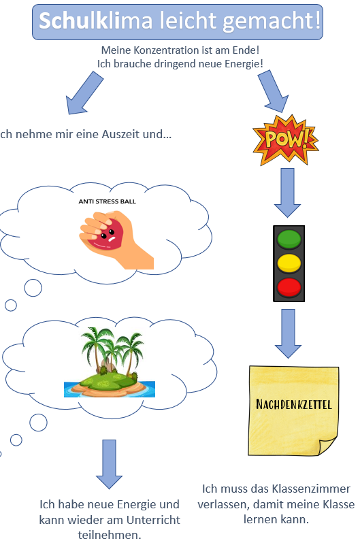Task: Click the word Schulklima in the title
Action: [x=96, y=20]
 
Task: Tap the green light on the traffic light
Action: [x=289, y=239]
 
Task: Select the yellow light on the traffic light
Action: [x=289, y=263]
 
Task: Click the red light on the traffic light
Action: [x=289, y=288]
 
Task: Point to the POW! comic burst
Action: [x=285, y=140]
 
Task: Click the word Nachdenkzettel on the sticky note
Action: [x=294, y=404]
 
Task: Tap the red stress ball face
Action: [x=105, y=234]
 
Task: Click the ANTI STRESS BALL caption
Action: [x=107, y=201]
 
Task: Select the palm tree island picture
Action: [x=110, y=362]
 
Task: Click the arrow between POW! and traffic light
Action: [x=287, y=193]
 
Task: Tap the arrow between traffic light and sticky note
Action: [x=288, y=333]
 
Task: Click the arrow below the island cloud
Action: [x=109, y=464]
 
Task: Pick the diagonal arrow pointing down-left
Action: [x=84, y=93]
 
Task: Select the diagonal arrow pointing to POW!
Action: [x=274, y=91]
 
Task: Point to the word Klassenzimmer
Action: [x=311, y=489]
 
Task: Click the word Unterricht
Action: [x=153, y=520]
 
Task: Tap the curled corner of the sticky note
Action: [x=327, y=446]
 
